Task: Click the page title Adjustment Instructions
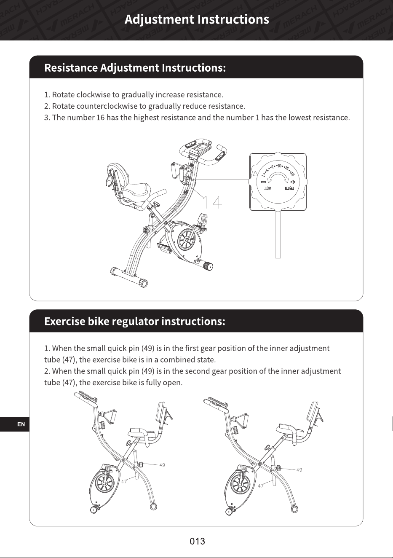[197, 19]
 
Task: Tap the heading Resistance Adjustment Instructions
[135, 68]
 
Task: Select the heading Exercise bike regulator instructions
[135, 321]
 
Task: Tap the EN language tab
[21, 424]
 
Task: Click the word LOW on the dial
[268, 188]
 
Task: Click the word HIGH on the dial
[289, 188]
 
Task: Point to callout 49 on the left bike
[162, 465]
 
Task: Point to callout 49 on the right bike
[299, 470]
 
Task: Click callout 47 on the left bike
[124, 481]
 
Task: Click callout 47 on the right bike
[260, 486]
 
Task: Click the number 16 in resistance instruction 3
[100, 118]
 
